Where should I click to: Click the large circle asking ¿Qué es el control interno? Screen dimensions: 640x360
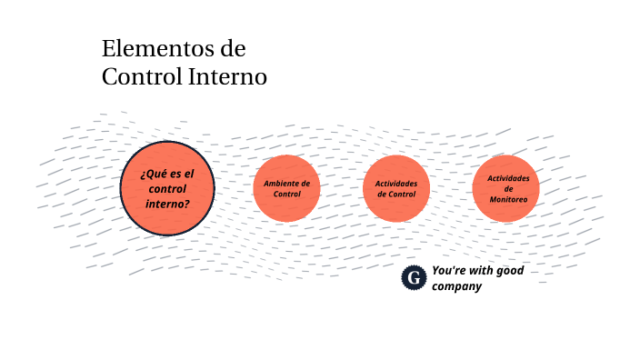pyautogui.click(x=167, y=188)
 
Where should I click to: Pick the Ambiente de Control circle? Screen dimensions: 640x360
pyautogui.click(x=286, y=188)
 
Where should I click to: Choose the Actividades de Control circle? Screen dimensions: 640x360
pyautogui.click(x=396, y=188)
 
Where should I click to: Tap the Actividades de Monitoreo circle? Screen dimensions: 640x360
pyautogui.click(x=506, y=188)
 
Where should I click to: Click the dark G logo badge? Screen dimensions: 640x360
pyautogui.click(x=414, y=277)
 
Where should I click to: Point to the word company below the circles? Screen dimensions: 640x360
pyautogui.click(x=455, y=286)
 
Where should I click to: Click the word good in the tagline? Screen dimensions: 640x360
pyautogui.click(x=509, y=270)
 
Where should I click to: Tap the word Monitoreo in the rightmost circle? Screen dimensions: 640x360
pyautogui.click(x=507, y=200)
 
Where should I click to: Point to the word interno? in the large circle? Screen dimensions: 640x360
pyautogui.click(x=167, y=204)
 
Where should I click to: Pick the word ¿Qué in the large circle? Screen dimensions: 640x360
pyautogui.click(x=153, y=174)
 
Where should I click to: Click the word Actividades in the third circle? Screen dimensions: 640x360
pyautogui.click(x=396, y=183)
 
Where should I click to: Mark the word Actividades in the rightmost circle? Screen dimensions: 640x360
pyautogui.click(x=508, y=178)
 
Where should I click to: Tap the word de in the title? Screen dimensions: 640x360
pyautogui.click(x=234, y=48)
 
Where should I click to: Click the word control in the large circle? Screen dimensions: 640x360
pyautogui.click(x=167, y=189)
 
